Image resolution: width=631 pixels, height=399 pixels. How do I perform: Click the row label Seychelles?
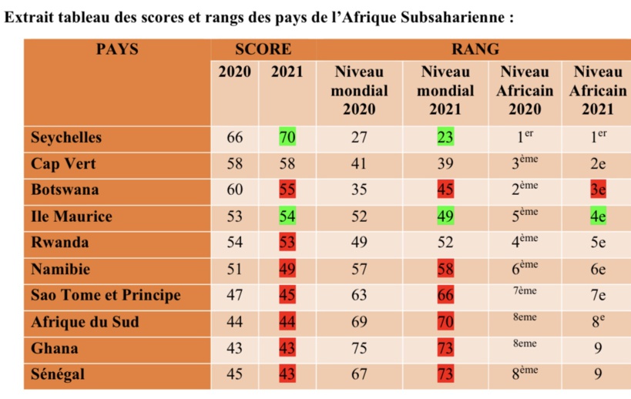(x=66, y=138)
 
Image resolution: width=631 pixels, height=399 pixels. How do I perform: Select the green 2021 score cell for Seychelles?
(x=287, y=138)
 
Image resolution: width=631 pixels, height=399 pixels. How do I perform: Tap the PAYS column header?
(x=117, y=49)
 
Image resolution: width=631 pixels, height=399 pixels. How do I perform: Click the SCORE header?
(x=263, y=49)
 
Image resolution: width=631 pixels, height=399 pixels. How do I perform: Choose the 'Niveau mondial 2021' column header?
(x=445, y=90)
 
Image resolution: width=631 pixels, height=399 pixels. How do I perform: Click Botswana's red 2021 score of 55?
(x=287, y=190)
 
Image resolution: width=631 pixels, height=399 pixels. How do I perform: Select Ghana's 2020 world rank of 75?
(x=359, y=348)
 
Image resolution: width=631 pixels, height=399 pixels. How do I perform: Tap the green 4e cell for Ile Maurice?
(x=597, y=217)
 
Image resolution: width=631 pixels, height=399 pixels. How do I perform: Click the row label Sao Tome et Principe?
(x=106, y=296)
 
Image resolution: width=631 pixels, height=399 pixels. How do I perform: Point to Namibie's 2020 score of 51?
(x=235, y=270)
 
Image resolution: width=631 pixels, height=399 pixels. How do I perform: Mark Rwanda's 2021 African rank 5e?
(x=597, y=243)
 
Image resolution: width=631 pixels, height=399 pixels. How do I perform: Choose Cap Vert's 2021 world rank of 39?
(x=445, y=164)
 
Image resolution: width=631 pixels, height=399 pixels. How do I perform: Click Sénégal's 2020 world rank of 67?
(x=359, y=375)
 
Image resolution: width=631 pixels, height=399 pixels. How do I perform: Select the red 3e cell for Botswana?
(x=597, y=190)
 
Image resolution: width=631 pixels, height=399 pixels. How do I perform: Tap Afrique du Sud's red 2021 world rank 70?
(x=445, y=322)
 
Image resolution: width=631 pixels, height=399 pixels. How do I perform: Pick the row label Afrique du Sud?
(x=85, y=322)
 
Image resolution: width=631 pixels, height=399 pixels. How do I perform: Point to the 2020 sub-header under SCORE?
(x=235, y=72)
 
